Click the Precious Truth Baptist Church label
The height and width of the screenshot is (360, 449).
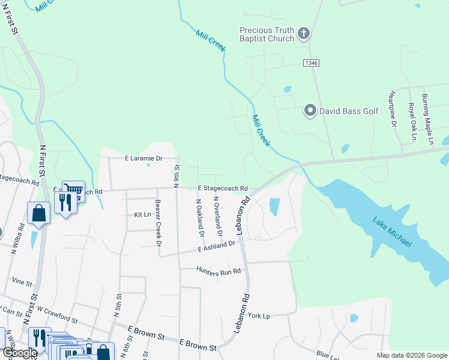(267, 34)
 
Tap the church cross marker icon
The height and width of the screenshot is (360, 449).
(304, 34)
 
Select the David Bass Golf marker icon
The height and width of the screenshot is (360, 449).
(310, 110)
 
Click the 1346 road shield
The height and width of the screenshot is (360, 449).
(311, 62)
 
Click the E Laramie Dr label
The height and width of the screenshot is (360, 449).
(143, 158)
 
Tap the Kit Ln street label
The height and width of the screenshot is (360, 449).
(142, 214)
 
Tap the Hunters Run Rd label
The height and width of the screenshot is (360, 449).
(218, 270)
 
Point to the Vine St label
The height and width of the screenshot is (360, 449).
(21, 281)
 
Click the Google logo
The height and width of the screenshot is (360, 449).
(20, 353)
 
